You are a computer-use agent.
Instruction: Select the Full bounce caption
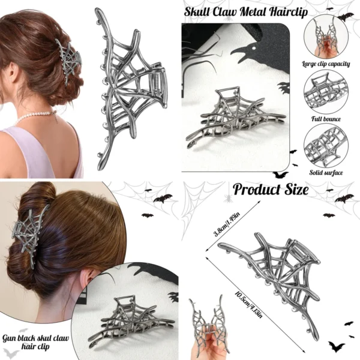pos(326,119)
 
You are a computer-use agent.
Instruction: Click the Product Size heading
pos(271,190)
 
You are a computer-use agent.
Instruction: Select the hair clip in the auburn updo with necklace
pos(68,60)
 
